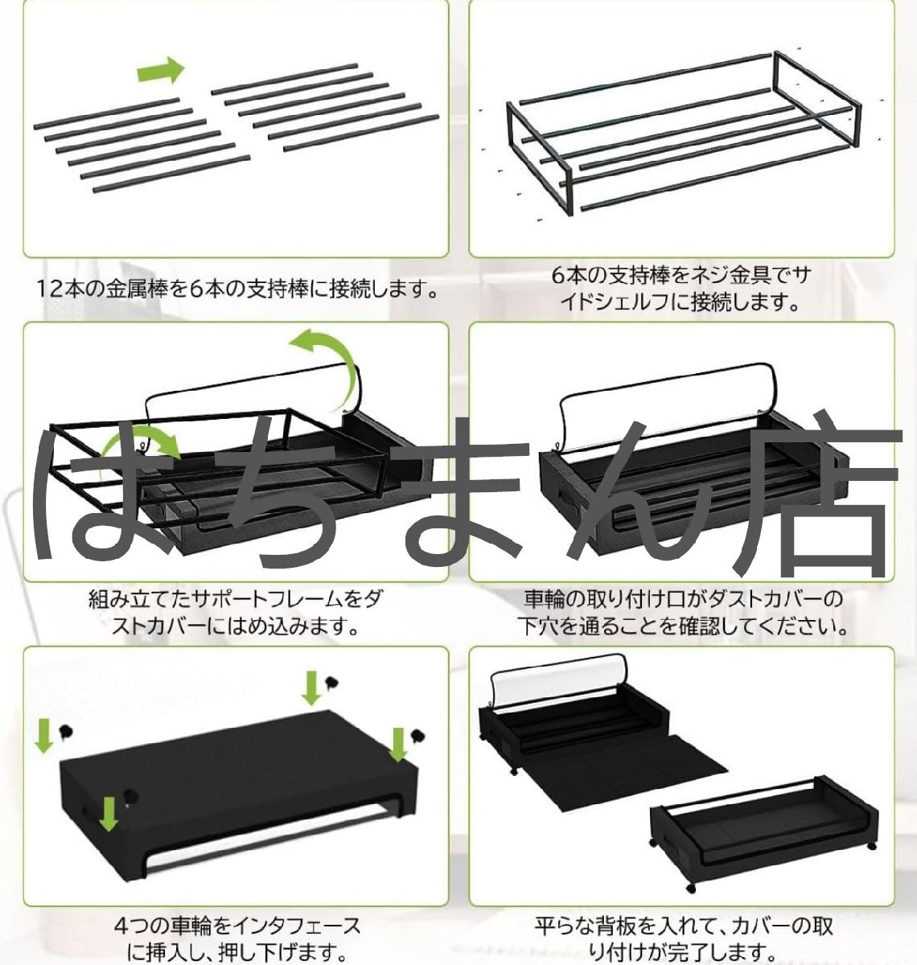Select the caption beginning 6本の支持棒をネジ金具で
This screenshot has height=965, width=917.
(x=681, y=289)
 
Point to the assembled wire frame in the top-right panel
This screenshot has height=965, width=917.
(x=680, y=137)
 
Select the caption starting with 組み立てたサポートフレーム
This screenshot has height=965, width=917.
(x=236, y=612)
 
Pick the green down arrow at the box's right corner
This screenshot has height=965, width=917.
(x=397, y=744)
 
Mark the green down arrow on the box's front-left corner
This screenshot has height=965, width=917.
(x=110, y=814)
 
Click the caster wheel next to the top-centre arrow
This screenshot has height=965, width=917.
(x=331, y=684)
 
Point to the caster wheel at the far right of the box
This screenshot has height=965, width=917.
(x=417, y=734)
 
